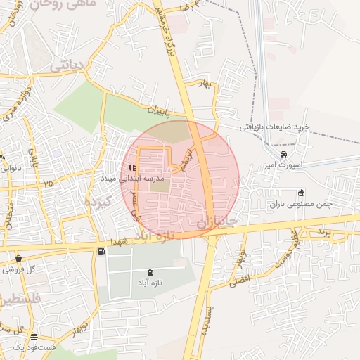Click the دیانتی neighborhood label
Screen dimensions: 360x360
(67, 66)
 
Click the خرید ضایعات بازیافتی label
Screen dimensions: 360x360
(275, 127)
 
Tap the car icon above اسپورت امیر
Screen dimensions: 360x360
(283, 155)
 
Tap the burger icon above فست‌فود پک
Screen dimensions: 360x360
(33, 338)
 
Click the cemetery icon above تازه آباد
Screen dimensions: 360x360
(149, 272)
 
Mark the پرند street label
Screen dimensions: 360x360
(322, 232)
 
